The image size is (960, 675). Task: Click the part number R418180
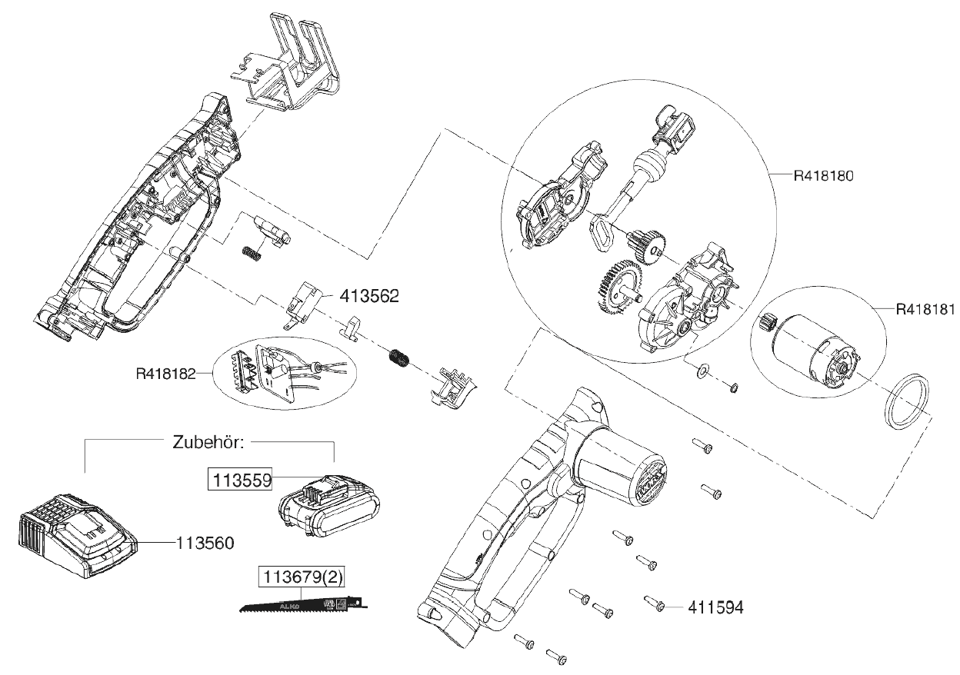click(x=825, y=175)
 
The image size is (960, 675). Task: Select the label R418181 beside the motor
click(x=925, y=310)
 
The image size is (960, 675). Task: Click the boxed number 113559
click(x=237, y=480)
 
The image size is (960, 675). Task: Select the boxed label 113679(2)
click(x=298, y=577)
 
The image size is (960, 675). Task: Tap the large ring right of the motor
click(x=905, y=404)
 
